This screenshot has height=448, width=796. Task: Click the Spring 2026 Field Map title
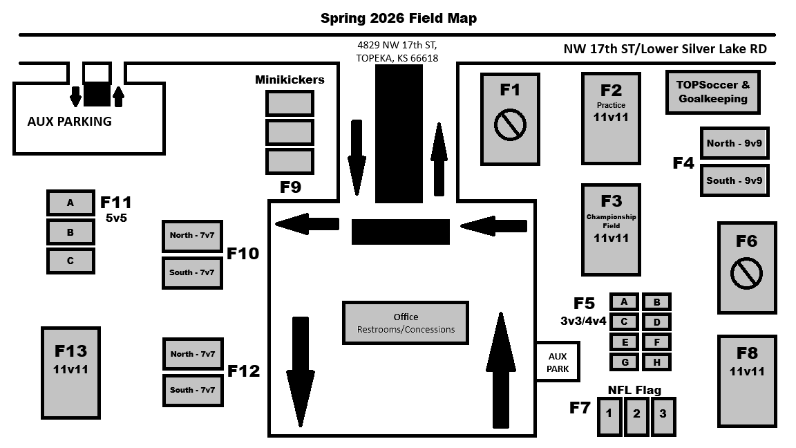tap(398, 18)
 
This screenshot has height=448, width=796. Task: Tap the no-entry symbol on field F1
tap(510, 124)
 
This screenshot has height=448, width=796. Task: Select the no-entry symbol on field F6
tap(746, 273)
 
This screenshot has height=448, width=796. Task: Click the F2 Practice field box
tap(611, 118)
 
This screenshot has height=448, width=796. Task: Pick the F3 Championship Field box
tap(611, 228)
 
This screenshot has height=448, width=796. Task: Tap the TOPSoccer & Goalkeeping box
tap(712, 92)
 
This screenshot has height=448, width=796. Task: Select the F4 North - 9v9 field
tap(734, 143)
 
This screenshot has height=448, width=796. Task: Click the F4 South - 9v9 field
tap(734, 180)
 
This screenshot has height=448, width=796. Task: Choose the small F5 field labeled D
tap(656, 321)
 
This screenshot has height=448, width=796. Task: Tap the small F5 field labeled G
tap(624, 362)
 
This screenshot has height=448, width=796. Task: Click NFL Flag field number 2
tap(636, 415)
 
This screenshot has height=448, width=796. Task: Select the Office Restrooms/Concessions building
tap(406, 323)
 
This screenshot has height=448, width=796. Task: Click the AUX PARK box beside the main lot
tap(558, 362)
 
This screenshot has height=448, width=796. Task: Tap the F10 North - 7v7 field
tap(191, 236)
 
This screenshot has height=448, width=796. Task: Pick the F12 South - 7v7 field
tap(191, 390)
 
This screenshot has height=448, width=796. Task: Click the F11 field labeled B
tap(70, 232)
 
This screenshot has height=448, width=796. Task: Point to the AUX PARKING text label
tap(69, 122)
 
